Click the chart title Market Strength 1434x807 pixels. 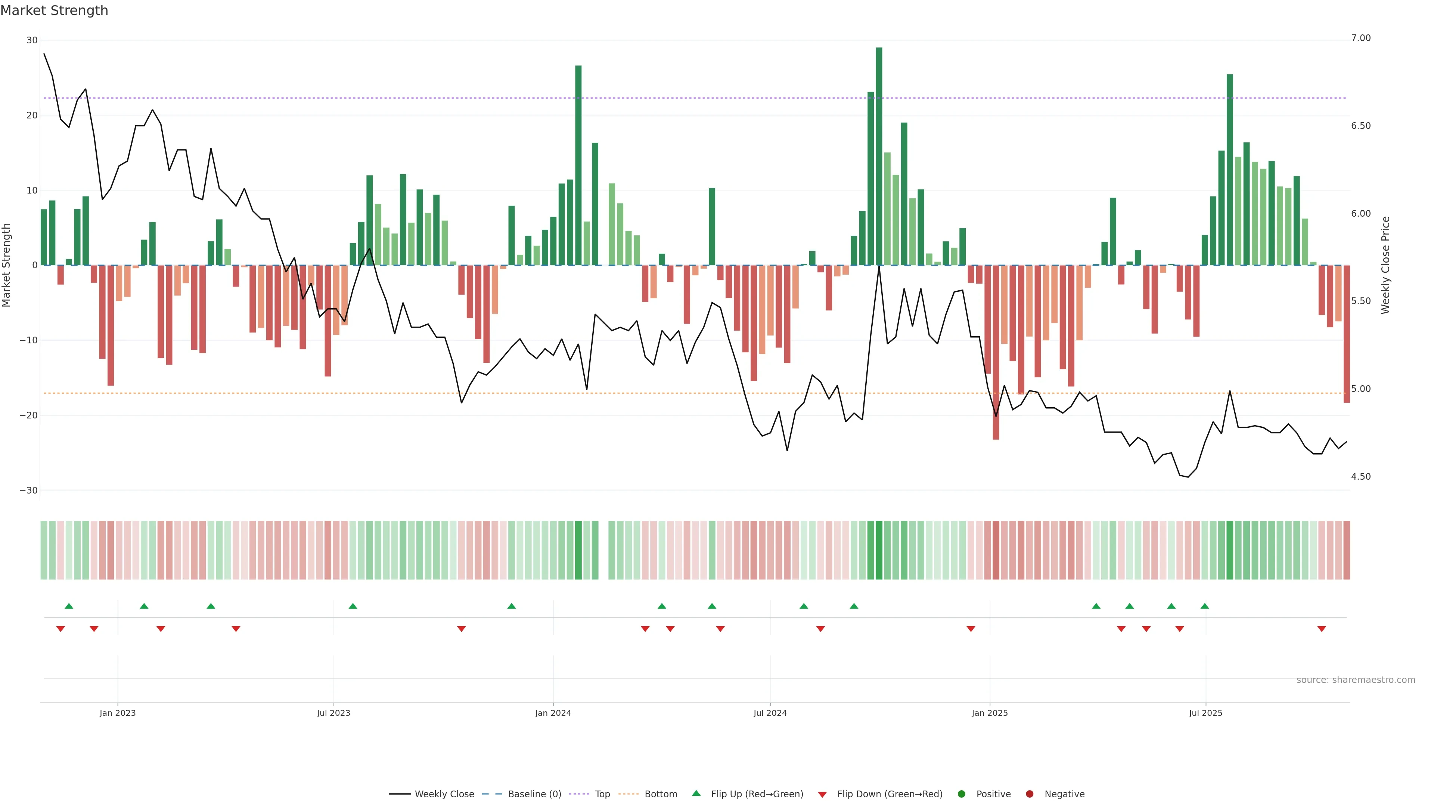tap(54, 10)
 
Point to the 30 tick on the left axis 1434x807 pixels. tap(32, 40)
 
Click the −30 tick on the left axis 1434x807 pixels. tap(28, 491)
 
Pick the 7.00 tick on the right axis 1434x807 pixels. tap(1360, 38)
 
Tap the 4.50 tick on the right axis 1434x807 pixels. tap(1360, 477)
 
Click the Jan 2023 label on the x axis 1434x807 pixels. tap(118, 713)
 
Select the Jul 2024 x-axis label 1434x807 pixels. tap(770, 713)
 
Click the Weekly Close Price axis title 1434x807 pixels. tap(1385, 265)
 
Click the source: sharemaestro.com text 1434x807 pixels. tap(1356, 680)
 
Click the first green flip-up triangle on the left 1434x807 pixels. tap(69, 606)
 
